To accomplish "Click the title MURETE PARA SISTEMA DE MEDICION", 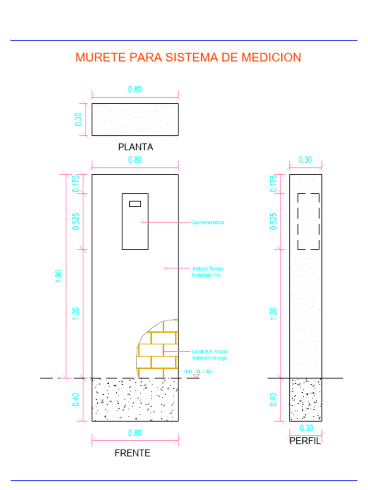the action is point(188,57).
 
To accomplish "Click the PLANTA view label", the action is point(136,147).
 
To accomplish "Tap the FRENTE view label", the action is point(132,453).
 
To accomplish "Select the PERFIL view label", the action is point(305,441).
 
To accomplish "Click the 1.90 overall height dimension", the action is point(59,276).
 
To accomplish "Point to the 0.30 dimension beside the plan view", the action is point(78,120).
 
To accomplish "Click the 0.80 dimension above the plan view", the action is point(135,89).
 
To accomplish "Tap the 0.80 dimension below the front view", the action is point(135,433).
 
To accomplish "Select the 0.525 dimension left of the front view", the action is point(76,221).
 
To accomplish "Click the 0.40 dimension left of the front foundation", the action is point(76,400).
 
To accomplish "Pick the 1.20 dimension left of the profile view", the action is point(274,314).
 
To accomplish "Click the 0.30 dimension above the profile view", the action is point(305,160).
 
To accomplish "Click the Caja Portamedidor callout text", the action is point(208,223).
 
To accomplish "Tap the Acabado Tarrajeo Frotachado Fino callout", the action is point(208,272).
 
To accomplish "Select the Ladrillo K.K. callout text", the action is point(209,355).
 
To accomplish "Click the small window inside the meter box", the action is point(135,204).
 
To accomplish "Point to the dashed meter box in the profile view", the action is point(309,222).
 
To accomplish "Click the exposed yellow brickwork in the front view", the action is point(158,349).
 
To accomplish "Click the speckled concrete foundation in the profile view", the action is point(305,400).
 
